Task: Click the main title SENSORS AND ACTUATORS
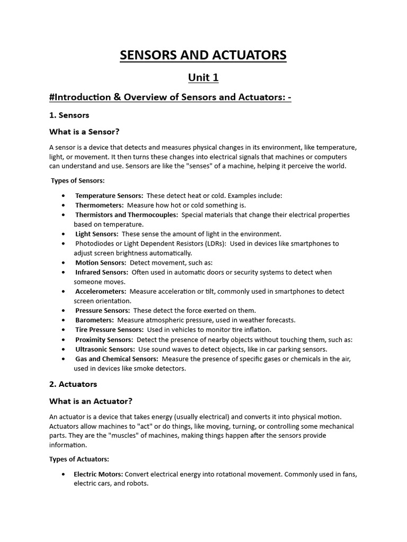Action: coord(203,55)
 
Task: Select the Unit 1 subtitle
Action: coord(203,78)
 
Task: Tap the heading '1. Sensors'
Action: coord(69,115)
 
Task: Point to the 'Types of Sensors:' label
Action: coord(78,180)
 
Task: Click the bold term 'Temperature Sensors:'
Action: coord(109,195)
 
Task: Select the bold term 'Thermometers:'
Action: coord(99,205)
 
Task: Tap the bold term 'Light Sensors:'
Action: coord(98,234)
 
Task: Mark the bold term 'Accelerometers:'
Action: coord(100,291)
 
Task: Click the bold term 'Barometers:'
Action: coord(94,320)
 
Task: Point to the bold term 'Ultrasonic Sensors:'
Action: coord(104,349)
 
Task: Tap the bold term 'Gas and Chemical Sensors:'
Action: coord(116,359)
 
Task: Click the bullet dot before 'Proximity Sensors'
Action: coord(64,340)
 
